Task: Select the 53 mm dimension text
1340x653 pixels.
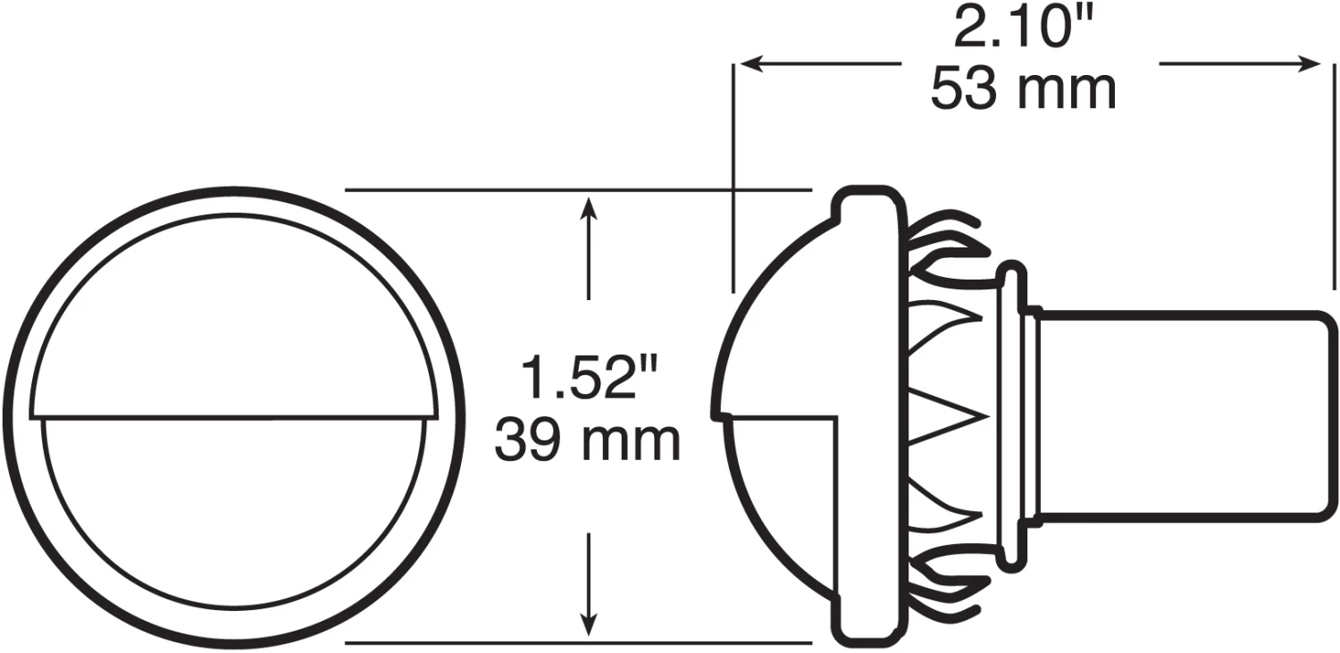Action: coord(1024,89)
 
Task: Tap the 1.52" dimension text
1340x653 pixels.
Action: coord(590,377)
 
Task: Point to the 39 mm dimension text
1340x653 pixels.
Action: coord(588,440)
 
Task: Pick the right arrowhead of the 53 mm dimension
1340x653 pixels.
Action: coord(1308,63)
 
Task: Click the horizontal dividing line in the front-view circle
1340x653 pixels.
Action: coord(233,416)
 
